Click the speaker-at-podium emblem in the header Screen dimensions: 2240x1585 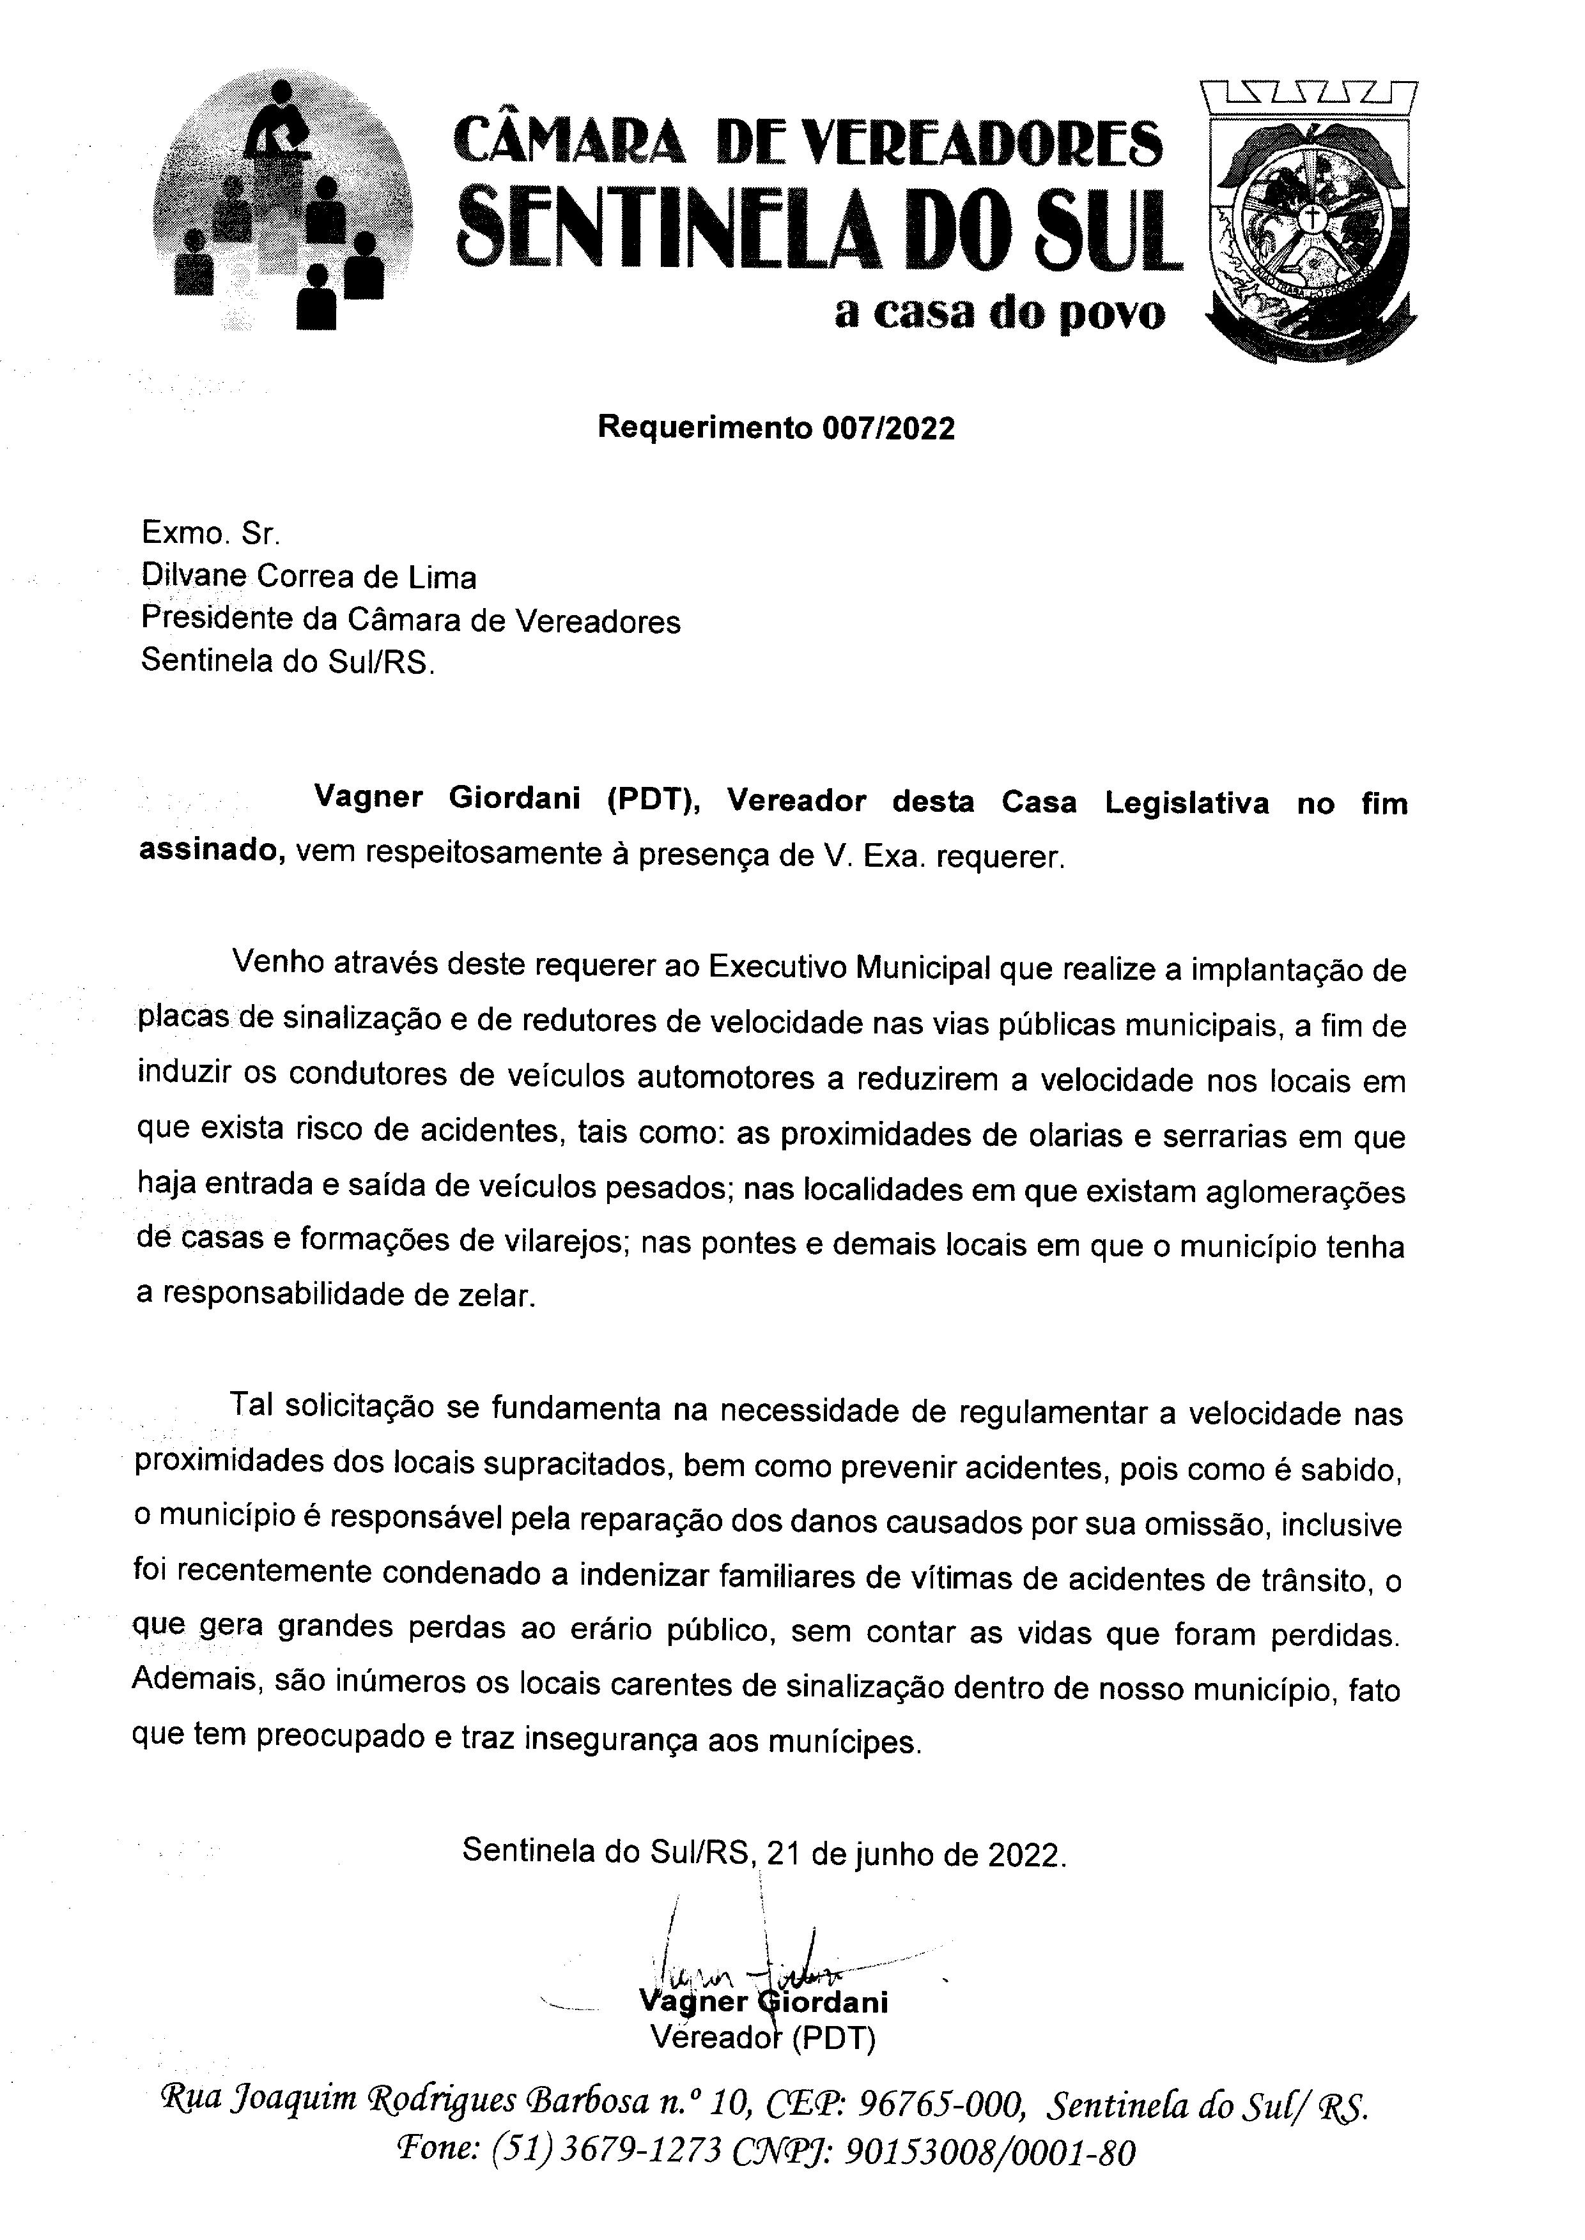(282, 206)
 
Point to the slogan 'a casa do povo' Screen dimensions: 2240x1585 (1000, 312)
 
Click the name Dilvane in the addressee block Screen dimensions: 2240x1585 (193, 577)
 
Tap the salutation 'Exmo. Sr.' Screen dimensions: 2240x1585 (210, 534)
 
